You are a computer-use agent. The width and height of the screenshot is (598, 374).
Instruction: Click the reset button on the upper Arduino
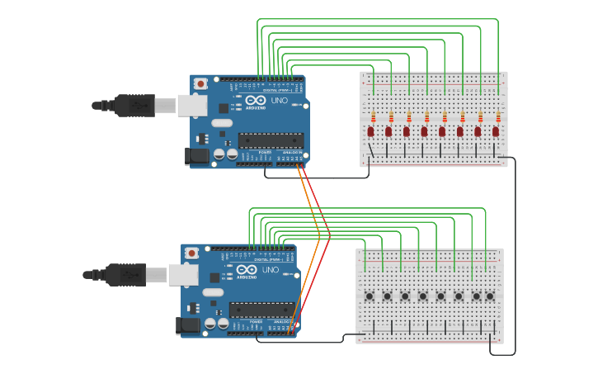pos(200,83)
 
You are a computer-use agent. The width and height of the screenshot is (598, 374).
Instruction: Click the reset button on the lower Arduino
pos(192,253)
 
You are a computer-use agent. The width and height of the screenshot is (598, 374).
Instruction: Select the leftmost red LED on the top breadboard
pos(370,131)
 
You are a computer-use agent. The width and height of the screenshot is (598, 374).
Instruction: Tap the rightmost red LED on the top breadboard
pos(496,131)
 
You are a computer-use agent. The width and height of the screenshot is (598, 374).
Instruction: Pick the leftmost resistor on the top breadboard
pos(373,116)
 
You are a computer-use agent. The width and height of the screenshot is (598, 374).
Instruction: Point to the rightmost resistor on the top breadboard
pos(498,116)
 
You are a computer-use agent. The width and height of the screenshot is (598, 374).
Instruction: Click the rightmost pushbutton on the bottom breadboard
pos(490,296)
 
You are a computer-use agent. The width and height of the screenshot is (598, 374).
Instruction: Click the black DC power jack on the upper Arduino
pos(198,155)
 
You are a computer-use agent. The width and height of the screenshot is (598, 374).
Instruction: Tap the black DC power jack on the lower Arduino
pos(189,325)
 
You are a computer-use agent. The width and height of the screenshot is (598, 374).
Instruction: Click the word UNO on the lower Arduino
pos(270,270)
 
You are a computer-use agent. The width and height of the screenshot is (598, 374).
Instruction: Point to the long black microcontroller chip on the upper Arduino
pos(270,140)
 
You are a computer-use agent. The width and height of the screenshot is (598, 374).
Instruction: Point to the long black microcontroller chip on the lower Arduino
pos(261,310)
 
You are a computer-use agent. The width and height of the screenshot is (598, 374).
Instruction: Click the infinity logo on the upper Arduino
pos(255,100)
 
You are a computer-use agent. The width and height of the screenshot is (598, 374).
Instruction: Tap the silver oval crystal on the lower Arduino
pos(213,292)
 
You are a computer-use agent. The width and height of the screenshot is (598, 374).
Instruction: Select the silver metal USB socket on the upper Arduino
pos(191,105)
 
